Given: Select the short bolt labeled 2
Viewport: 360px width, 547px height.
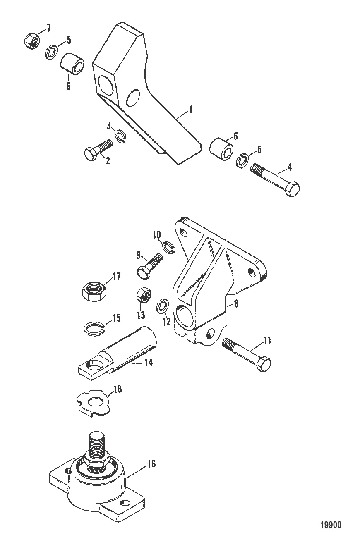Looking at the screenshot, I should point(98,149).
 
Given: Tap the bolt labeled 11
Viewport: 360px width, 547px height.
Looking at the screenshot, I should point(247,353).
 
